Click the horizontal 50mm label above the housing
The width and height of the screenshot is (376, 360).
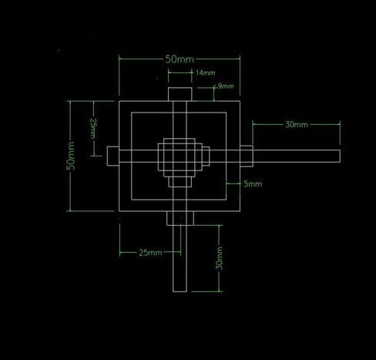pyautogui.click(x=180, y=59)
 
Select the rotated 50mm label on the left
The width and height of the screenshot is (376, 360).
pyautogui.click(x=71, y=156)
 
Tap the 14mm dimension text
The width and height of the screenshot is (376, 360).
pyautogui.click(x=205, y=72)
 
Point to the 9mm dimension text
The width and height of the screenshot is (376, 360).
pyautogui.click(x=226, y=86)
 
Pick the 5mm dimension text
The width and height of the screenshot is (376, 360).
pyautogui.click(x=253, y=183)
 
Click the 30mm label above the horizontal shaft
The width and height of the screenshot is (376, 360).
pyautogui.click(x=297, y=125)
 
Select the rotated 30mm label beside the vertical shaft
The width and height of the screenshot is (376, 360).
pyautogui.click(x=219, y=258)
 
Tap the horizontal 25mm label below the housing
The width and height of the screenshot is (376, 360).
pyautogui.click(x=150, y=253)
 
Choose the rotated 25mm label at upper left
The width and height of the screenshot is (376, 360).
pyautogui.click(x=93, y=129)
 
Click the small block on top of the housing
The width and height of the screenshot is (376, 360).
pyautogui.click(x=180, y=94)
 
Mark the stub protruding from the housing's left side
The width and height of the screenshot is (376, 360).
pyautogui.click(x=113, y=156)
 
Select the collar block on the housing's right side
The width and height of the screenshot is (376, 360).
pyautogui.click(x=247, y=156)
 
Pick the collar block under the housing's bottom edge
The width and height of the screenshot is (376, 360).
pyautogui.click(x=180, y=218)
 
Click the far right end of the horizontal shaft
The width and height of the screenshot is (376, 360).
pyautogui.click(x=340, y=156)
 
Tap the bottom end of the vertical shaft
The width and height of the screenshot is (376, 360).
pyautogui.click(x=180, y=291)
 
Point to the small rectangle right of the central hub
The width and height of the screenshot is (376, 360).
pyautogui.click(x=206, y=156)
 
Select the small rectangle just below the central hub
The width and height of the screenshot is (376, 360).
pyautogui.click(x=180, y=182)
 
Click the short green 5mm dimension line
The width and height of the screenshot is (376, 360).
pyautogui.click(x=234, y=183)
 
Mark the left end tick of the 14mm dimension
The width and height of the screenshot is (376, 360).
pyautogui.click(x=169, y=72)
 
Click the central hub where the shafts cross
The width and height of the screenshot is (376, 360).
pyautogui.click(x=180, y=156)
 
